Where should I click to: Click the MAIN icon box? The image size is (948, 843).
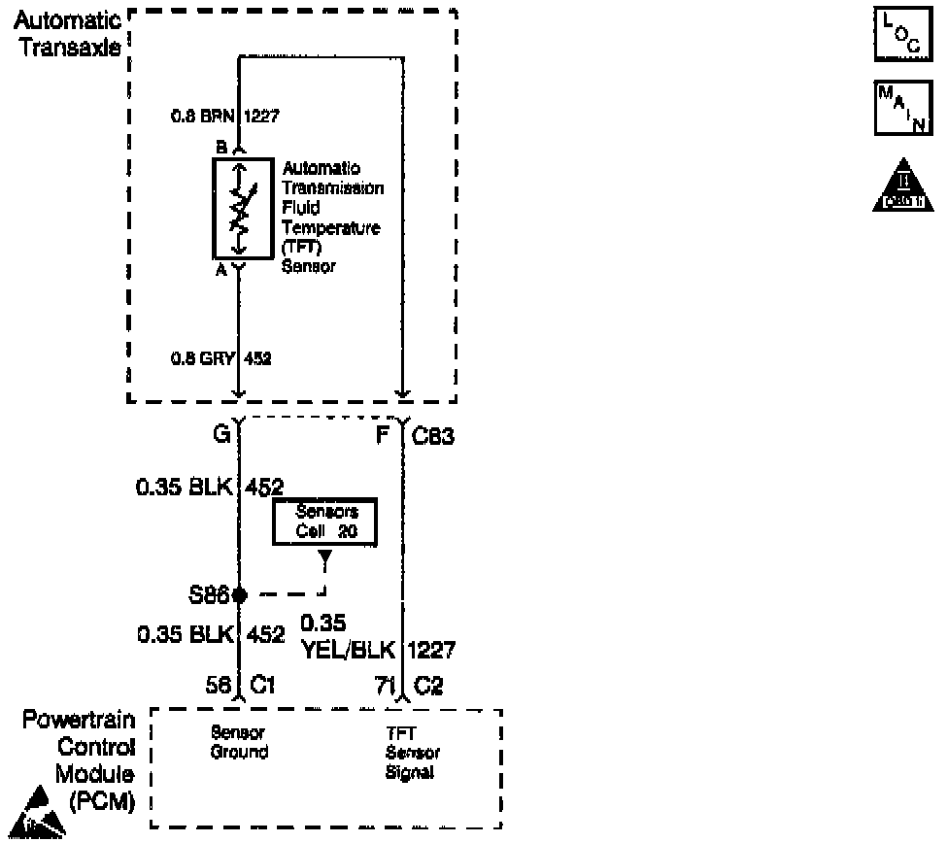[x=904, y=107]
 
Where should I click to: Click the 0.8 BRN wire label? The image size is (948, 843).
[x=203, y=117]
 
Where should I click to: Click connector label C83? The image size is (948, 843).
[x=433, y=437]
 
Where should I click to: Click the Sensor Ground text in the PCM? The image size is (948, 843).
[x=239, y=743]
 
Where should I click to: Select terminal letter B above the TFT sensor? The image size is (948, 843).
[x=221, y=148]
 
